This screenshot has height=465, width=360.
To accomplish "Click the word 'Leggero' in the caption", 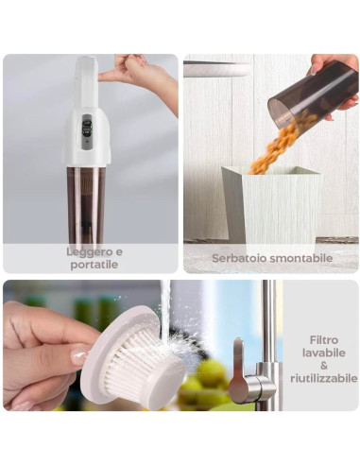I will tap(81, 251).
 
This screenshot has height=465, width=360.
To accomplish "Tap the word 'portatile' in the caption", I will tap(93, 265).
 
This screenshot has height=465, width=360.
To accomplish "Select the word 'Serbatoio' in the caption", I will tap(238, 257).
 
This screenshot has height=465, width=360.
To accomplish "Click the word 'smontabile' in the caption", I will tap(300, 257).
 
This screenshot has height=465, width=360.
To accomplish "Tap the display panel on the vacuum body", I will tap(87, 127).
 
